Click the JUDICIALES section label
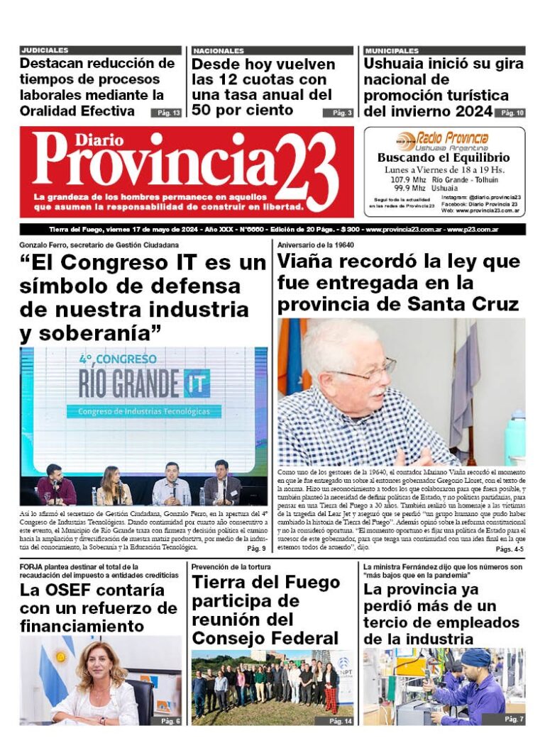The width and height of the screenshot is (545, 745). (45, 51)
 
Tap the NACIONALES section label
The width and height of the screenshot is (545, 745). (219, 51)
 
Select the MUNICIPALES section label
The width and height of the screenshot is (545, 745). (392, 51)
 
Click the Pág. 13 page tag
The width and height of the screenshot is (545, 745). (166, 113)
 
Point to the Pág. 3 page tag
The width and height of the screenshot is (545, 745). (338, 113)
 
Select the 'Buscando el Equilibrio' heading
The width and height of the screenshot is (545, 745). (444, 157)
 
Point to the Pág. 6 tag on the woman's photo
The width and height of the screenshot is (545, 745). (169, 721)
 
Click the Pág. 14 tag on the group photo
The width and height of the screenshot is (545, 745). (340, 721)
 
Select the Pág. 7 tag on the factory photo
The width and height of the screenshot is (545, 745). (513, 719)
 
